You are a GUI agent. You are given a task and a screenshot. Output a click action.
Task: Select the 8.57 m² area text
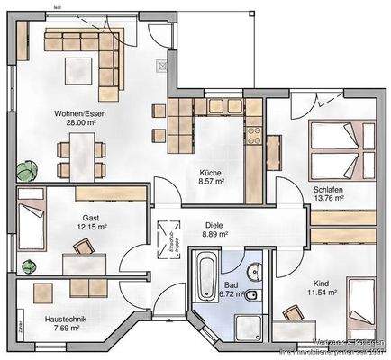pos(211,182)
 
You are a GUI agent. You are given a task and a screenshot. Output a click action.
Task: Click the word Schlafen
pos(326,191)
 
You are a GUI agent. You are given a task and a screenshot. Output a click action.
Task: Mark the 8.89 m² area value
pos(214,234)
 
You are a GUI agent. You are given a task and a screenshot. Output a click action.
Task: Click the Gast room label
pos(90,218)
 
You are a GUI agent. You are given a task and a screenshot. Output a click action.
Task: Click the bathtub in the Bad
pos(205,281)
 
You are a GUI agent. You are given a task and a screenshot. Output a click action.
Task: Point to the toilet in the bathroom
pos(253,295)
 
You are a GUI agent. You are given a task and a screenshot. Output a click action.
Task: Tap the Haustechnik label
pos(66,319)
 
